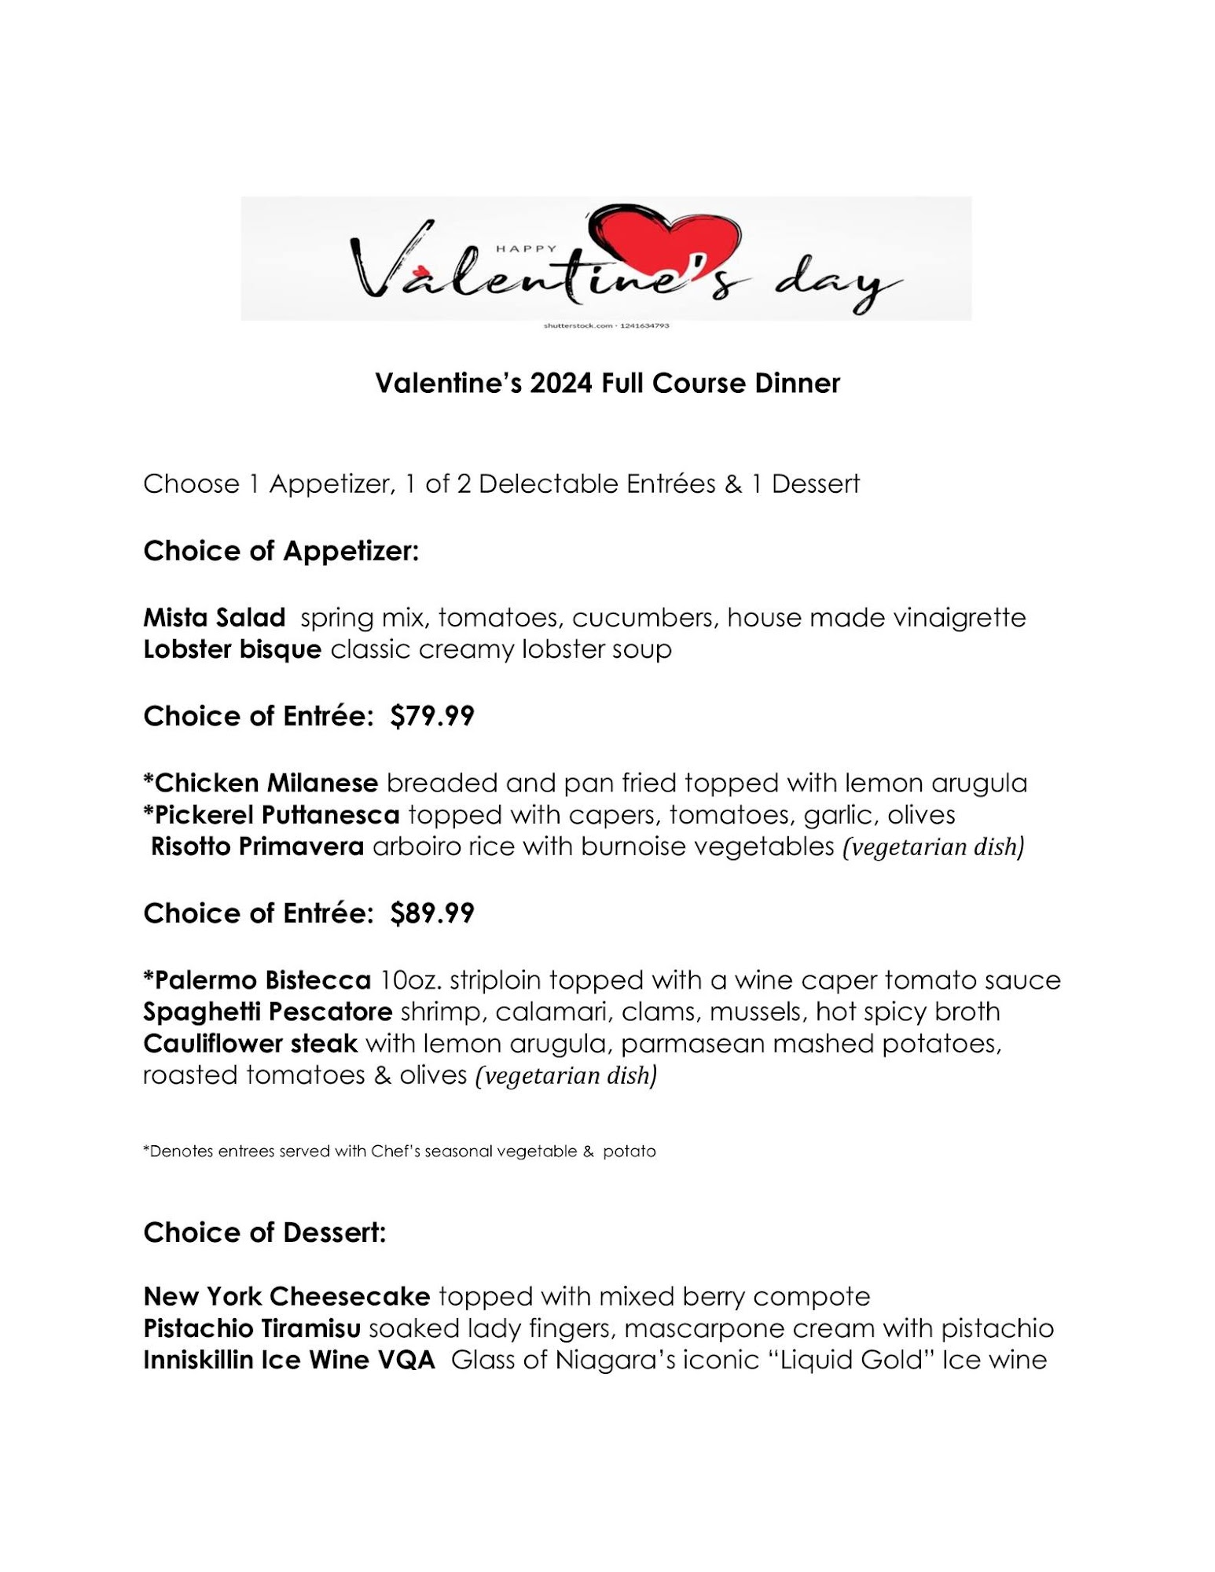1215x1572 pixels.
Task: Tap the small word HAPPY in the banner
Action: point(526,248)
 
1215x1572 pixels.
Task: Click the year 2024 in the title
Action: point(561,384)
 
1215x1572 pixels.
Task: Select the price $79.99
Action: point(432,716)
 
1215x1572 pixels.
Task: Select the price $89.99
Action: point(432,913)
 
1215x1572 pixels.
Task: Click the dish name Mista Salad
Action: point(215,618)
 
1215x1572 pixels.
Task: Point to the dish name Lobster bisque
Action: point(232,649)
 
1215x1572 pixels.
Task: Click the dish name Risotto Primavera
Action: point(257,847)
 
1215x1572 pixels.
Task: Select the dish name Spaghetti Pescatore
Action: point(267,1012)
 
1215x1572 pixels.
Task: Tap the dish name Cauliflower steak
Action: point(250,1044)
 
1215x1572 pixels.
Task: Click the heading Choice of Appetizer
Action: point(281,551)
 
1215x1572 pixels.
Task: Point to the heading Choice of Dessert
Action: point(264,1232)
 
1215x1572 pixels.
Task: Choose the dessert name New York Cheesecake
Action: point(287,1296)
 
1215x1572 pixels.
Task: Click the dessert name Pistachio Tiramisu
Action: point(251,1328)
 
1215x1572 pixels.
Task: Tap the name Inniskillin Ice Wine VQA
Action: point(288,1360)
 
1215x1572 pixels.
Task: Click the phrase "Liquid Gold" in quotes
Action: point(851,1360)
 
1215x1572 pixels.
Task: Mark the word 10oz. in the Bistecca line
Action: point(410,980)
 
